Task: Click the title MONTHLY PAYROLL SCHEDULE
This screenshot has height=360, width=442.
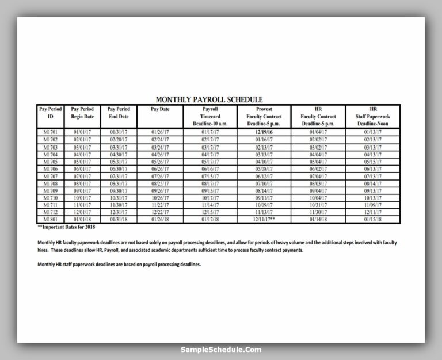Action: click(x=209, y=99)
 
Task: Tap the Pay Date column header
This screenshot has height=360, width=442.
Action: click(x=160, y=109)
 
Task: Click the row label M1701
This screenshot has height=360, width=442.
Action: click(x=50, y=132)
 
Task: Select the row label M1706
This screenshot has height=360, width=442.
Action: click(x=50, y=169)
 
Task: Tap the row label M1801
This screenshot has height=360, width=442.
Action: click(x=50, y=220)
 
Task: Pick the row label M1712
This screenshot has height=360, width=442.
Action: click(x=50, y=212)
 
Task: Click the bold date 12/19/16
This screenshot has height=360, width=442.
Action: click(x=264, y=132)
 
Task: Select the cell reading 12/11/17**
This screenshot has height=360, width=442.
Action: click(x=264, y=220)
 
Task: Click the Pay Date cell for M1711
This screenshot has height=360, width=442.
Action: click(x=160, y=205)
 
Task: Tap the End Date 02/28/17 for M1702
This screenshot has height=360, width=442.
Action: click(x=119, y=140)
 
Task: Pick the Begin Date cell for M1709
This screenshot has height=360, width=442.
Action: click(x=82, y=190)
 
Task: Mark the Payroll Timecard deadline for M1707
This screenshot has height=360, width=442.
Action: click(x=211, y=176)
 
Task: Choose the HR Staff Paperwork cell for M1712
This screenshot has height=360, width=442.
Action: click(x=373, y=212)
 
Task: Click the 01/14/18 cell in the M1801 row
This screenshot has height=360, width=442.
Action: click(x=318, y=220)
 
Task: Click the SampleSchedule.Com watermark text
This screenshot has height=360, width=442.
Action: click(x=221, y=350)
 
